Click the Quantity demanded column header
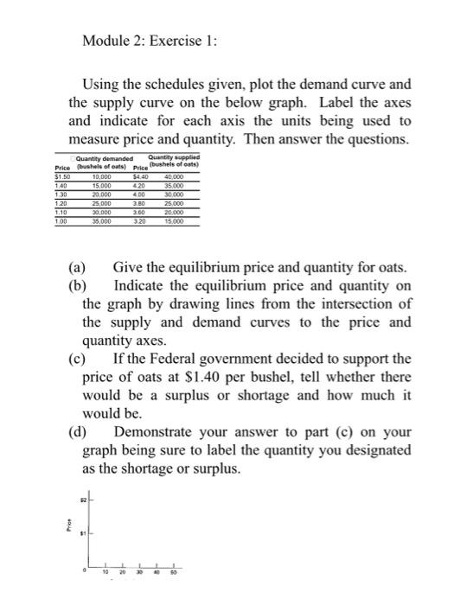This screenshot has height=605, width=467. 104,158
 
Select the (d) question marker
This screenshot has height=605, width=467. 80,431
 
